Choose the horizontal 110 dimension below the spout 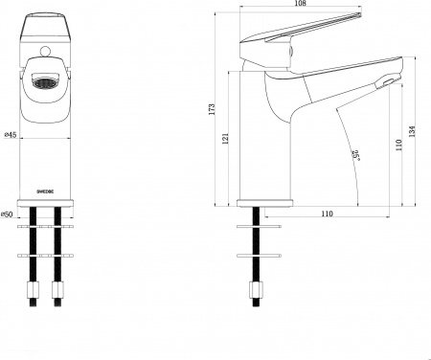328,214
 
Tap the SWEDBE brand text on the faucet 46,191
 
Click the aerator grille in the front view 46,84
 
